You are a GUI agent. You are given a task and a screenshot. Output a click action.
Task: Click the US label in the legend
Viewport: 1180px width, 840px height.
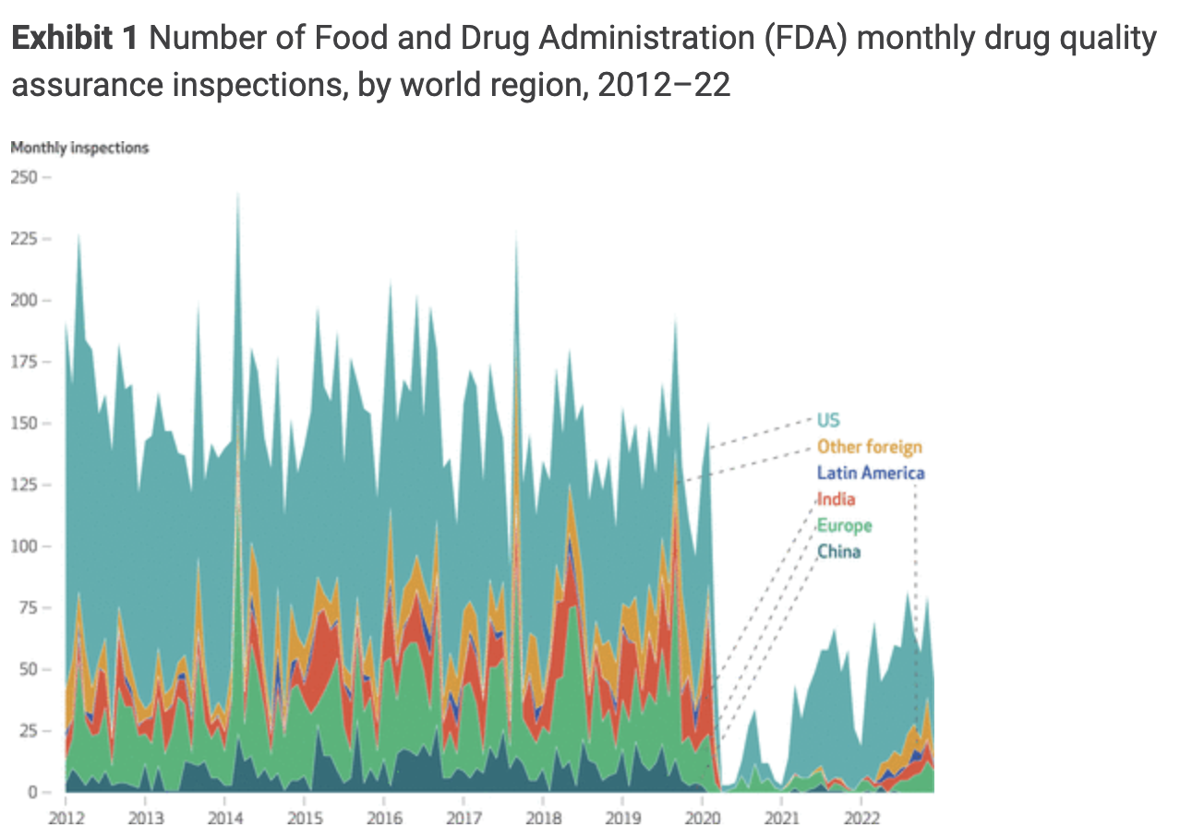click(828, 421)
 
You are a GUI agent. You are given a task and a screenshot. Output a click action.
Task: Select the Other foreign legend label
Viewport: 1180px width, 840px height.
click(869, 448)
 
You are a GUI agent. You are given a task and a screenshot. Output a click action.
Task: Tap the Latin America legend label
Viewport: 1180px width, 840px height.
click(871, 474)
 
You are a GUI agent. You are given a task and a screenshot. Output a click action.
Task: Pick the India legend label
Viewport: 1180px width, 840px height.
click(836, 499)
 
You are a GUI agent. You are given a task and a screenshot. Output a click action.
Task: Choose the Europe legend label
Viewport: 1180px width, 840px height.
click(844, 526)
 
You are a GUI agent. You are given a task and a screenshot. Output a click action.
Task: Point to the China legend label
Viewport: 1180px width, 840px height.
click(838, 552)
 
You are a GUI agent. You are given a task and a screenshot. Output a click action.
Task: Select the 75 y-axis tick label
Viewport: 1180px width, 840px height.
click(28, 607)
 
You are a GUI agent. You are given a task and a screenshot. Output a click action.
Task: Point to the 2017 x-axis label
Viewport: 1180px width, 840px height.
click(464, 818)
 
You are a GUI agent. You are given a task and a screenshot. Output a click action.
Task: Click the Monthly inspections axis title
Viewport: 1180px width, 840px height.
click(79, 148)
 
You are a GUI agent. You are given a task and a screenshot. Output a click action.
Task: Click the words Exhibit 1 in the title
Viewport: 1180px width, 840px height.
click(74, 40)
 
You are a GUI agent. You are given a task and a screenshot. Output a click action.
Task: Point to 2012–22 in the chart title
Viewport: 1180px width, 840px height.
click(664, 85)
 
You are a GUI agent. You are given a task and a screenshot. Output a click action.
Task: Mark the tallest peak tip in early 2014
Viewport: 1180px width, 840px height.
click(238, 193)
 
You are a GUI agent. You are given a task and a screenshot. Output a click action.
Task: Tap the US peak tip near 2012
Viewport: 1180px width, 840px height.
click(78, 234)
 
